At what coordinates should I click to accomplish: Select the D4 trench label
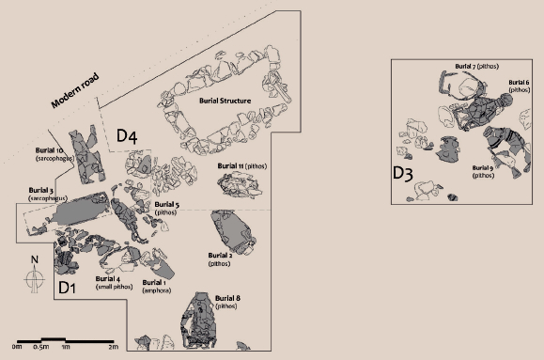pyautogui.click(x=128, y=137)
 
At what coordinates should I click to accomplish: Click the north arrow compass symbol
pyautogui.click(x=33, y=276)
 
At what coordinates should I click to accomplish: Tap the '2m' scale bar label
pyautogui.click(x=114, y=348)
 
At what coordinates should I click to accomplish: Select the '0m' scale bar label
pyautogui.click(x=13, y=348)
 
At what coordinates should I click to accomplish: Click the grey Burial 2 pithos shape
pyautogui.click(x=231, y=232)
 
